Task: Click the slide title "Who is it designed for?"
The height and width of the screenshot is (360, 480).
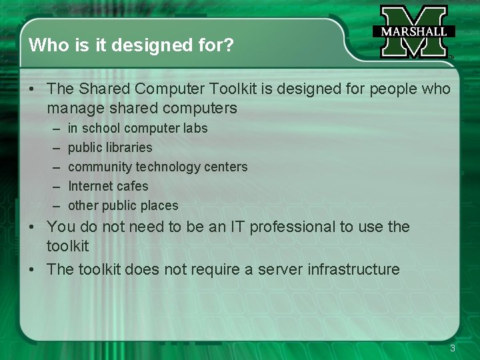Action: (x=131, y=45)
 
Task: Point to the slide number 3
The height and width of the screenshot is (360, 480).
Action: (x=453, y=348)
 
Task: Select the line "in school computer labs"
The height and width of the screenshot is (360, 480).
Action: (x=137, y=128)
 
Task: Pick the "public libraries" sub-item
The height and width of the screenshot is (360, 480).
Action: (x=110, y=147)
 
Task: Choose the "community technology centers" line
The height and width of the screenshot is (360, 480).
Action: (x=157, y=167)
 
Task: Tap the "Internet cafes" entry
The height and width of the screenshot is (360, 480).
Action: (x=108, y=186)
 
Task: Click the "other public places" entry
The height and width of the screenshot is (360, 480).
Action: (x=123, y=205)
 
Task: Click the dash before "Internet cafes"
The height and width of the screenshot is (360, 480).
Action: (x=53, y=186)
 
